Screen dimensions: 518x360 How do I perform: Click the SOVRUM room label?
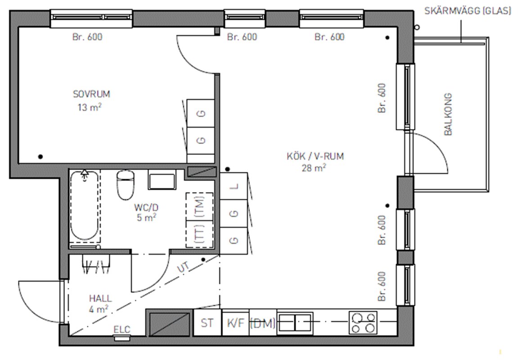(91, 94)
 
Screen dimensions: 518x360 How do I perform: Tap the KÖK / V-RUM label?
(315, 156)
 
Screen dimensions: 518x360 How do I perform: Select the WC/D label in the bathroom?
(146, 207)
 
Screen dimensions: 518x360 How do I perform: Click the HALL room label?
(100, 298)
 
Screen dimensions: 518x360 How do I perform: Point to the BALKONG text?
(448, 114)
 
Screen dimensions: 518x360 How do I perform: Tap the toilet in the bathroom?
(126, 184)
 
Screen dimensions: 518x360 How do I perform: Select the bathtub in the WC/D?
(85, 206)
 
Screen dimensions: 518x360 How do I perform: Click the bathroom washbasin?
(162, 180)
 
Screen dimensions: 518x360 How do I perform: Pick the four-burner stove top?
(363, 323)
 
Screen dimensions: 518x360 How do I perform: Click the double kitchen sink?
(295, 322)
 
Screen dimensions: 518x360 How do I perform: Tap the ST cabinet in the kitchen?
(207, 322)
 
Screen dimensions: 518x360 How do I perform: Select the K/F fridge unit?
(235, 322)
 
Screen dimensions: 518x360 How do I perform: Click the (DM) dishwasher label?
(263, 324)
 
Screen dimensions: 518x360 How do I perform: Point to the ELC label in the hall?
(122, 329)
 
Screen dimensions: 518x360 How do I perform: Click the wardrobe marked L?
(234, 186)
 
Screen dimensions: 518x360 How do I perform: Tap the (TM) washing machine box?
(199, 206)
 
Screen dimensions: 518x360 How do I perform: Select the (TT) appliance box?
(199, 234)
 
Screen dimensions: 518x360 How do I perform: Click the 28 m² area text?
(314, 168)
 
